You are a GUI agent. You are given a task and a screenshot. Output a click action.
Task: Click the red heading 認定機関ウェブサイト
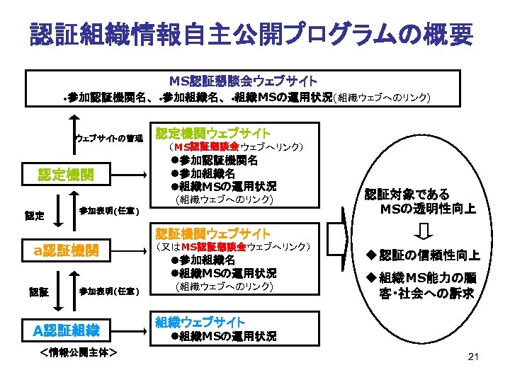tap(212, 133)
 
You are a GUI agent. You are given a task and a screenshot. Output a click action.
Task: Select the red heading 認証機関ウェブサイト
tap(212, 233)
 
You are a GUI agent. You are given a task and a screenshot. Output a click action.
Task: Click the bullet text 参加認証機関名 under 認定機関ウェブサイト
tap(217, 161)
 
